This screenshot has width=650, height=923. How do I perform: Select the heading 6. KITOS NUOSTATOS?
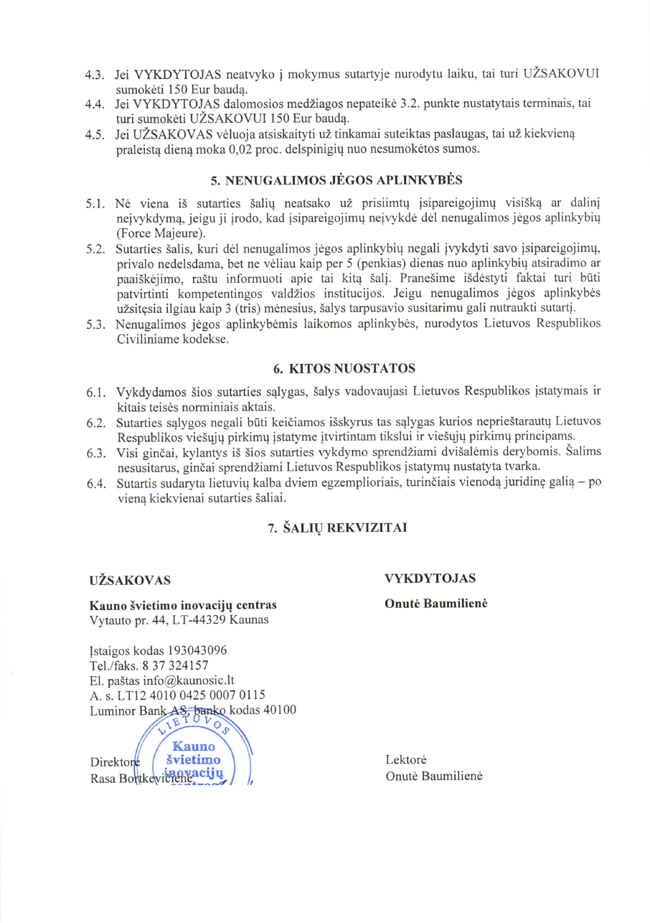[344, 369]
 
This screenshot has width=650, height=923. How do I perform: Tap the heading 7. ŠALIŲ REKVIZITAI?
[337, 528]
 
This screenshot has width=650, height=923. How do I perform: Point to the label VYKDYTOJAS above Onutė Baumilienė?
[430, 578]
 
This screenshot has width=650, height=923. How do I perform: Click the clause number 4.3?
[95, 75]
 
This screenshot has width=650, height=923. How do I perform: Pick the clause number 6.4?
[95, 484]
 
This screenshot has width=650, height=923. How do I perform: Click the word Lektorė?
[406, 759]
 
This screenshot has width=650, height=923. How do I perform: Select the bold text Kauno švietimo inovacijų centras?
[182, 604]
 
